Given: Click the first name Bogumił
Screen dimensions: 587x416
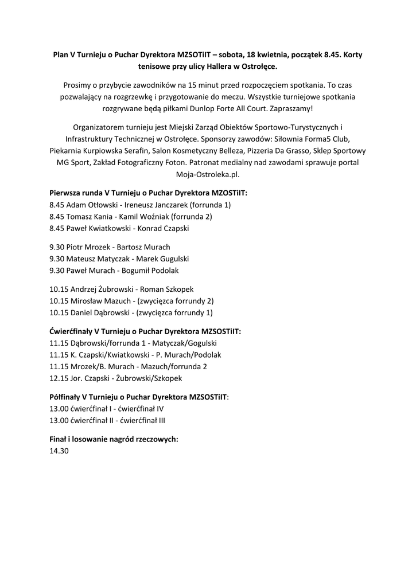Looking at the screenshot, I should pos(133,271).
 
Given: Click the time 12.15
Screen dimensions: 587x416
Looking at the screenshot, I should pos(59,378).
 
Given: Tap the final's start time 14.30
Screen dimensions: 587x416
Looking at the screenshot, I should pos(59,451).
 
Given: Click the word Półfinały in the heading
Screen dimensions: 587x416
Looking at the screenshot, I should pos(65,397).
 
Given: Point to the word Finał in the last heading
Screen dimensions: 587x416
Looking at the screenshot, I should pos(59,439).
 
